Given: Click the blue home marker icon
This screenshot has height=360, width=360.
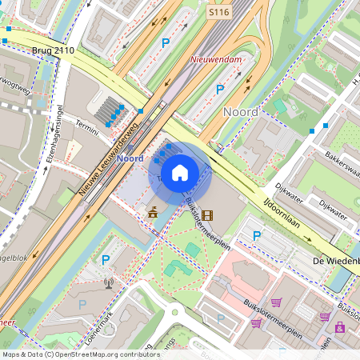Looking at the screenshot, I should (x=180, y=172).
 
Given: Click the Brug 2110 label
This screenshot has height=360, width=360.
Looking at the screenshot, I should (x=53, y=50).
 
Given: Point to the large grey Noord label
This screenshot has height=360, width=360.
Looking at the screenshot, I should (x=241, y=112).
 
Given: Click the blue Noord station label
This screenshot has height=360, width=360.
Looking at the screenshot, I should (x=130, y=158).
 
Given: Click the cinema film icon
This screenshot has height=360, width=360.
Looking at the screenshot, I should (x=208, y=214).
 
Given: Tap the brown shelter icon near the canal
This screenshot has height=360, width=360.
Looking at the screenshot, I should (x=153, y=213).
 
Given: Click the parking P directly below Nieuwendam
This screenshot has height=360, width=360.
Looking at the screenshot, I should (x=220, y=90).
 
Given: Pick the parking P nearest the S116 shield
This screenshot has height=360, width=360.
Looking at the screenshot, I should (x=166, y=43).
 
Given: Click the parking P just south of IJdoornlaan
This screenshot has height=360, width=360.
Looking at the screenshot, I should (x=257, y=236).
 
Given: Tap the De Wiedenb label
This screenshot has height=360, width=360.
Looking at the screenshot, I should (x=336, y=262).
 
